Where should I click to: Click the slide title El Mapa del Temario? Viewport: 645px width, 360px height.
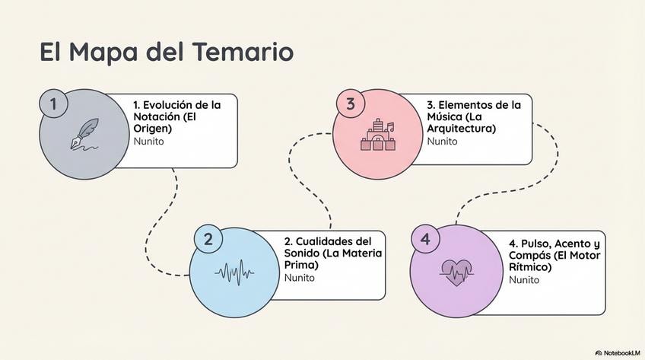(166, 53)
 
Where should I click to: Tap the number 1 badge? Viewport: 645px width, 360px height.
(52, 104)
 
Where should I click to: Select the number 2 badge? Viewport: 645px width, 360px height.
(208, 238)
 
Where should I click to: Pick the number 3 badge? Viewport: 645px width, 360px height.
(350, 105)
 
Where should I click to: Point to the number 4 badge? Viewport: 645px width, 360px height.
(425, 239)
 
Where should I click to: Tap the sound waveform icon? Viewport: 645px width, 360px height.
(234, 272)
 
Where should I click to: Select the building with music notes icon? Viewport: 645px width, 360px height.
(378, 135)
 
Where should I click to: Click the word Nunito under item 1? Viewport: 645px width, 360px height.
(149, 141)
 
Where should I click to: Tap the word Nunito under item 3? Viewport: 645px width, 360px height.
(443, 141)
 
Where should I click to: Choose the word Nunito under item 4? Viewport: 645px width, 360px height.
(524, 279)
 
